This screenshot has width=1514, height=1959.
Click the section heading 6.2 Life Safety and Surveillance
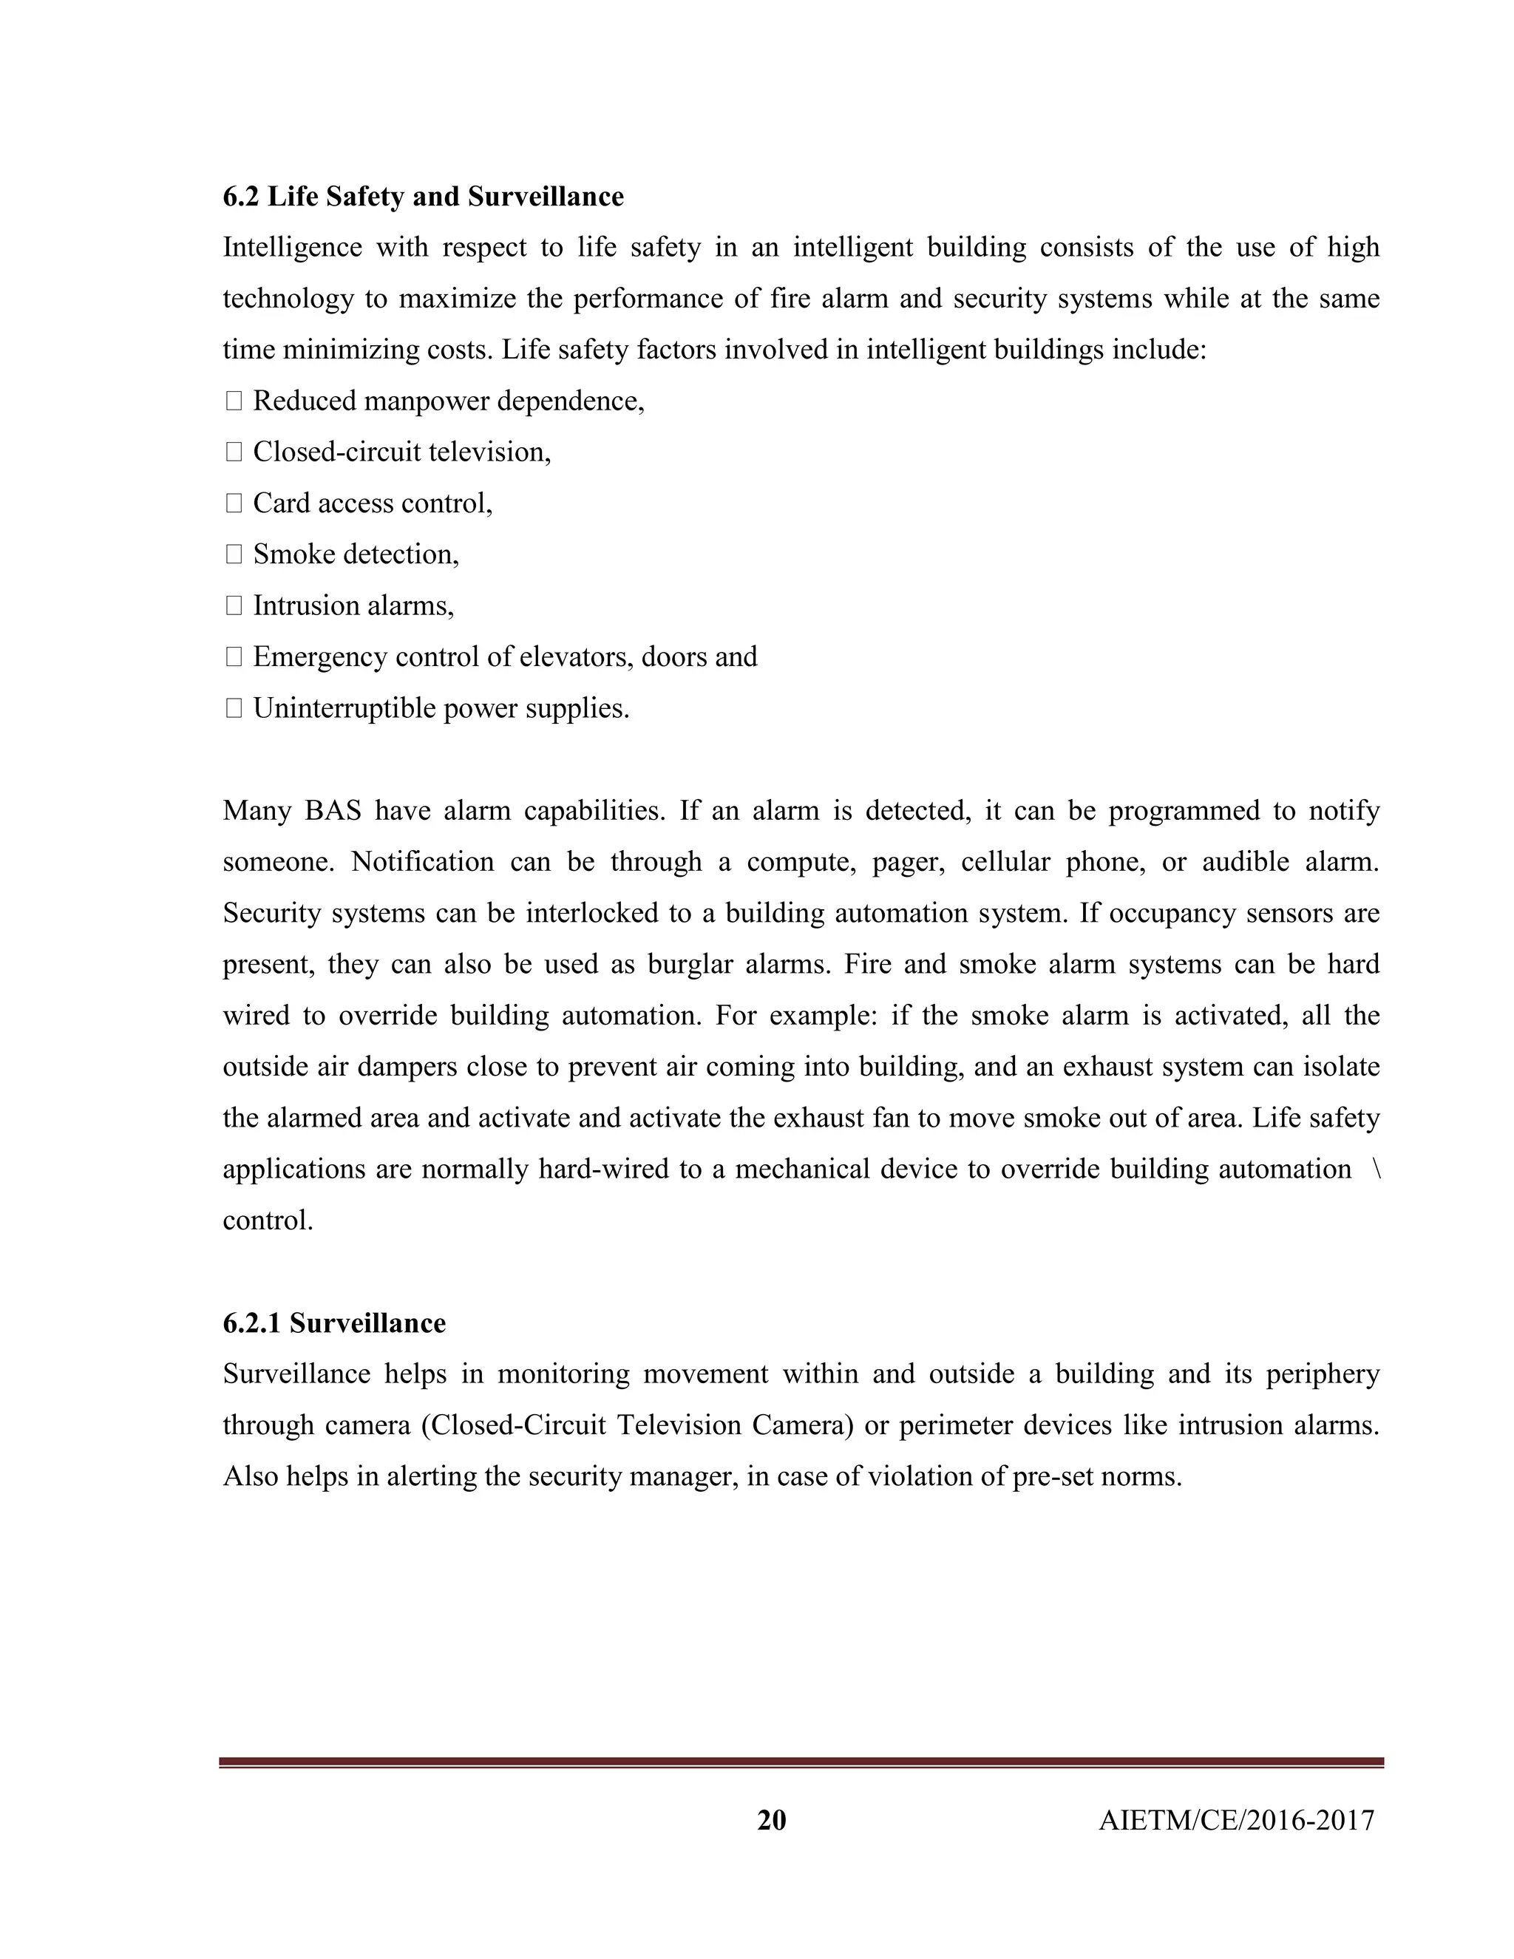(422, 197)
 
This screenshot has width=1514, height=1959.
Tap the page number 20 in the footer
(771, 1820)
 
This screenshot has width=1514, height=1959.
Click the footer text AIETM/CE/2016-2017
(1236, 1821)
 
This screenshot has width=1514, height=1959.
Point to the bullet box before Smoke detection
(234, 555)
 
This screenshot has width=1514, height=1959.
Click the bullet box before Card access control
(234, 504)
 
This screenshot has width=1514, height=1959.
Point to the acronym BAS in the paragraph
(333, 811)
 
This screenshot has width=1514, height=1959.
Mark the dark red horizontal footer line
(801, 1762)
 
